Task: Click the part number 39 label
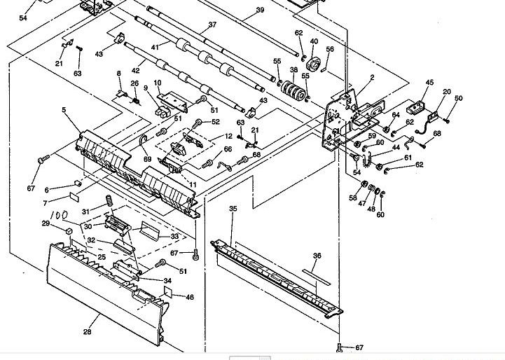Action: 260,10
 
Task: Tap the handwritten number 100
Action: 60,215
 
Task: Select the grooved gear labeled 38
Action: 293,90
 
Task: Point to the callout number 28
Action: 87,331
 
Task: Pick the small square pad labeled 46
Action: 168,291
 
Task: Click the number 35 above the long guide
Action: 233,208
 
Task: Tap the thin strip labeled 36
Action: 317,277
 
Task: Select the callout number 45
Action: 429,82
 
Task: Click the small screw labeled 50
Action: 446,120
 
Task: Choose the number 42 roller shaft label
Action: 136,71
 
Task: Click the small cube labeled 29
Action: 69,231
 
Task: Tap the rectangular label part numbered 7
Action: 74,196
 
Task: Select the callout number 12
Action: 228,136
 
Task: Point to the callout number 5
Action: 64,110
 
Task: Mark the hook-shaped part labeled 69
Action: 143,143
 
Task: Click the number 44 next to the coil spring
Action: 396,147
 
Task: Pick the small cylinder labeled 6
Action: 78,184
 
